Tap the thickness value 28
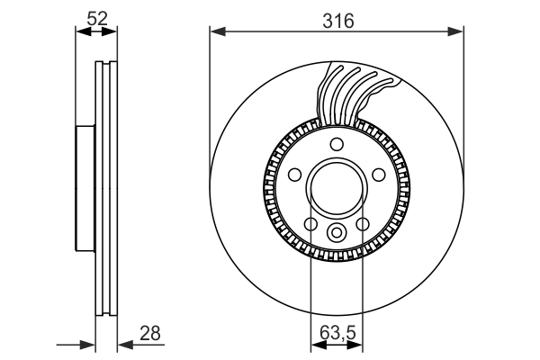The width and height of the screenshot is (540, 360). click(x=150, y=332)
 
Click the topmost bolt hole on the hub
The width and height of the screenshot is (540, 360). click(x=336, y=146)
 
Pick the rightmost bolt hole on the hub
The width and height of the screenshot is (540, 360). click(x=379, y=175)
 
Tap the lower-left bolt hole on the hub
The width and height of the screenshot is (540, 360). click(x=310, y=224)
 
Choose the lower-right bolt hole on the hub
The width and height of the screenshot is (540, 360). click(x=363, y=224)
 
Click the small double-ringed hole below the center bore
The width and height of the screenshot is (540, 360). click(x=336, y=234)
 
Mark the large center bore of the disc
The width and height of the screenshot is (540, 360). click(x=336, y=190)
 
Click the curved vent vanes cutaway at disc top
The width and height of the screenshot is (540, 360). click(x=355, y=94)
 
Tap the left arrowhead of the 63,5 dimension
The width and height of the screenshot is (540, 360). click(x=315, y=344)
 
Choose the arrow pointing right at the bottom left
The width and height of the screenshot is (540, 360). click(x=88, y=344)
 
